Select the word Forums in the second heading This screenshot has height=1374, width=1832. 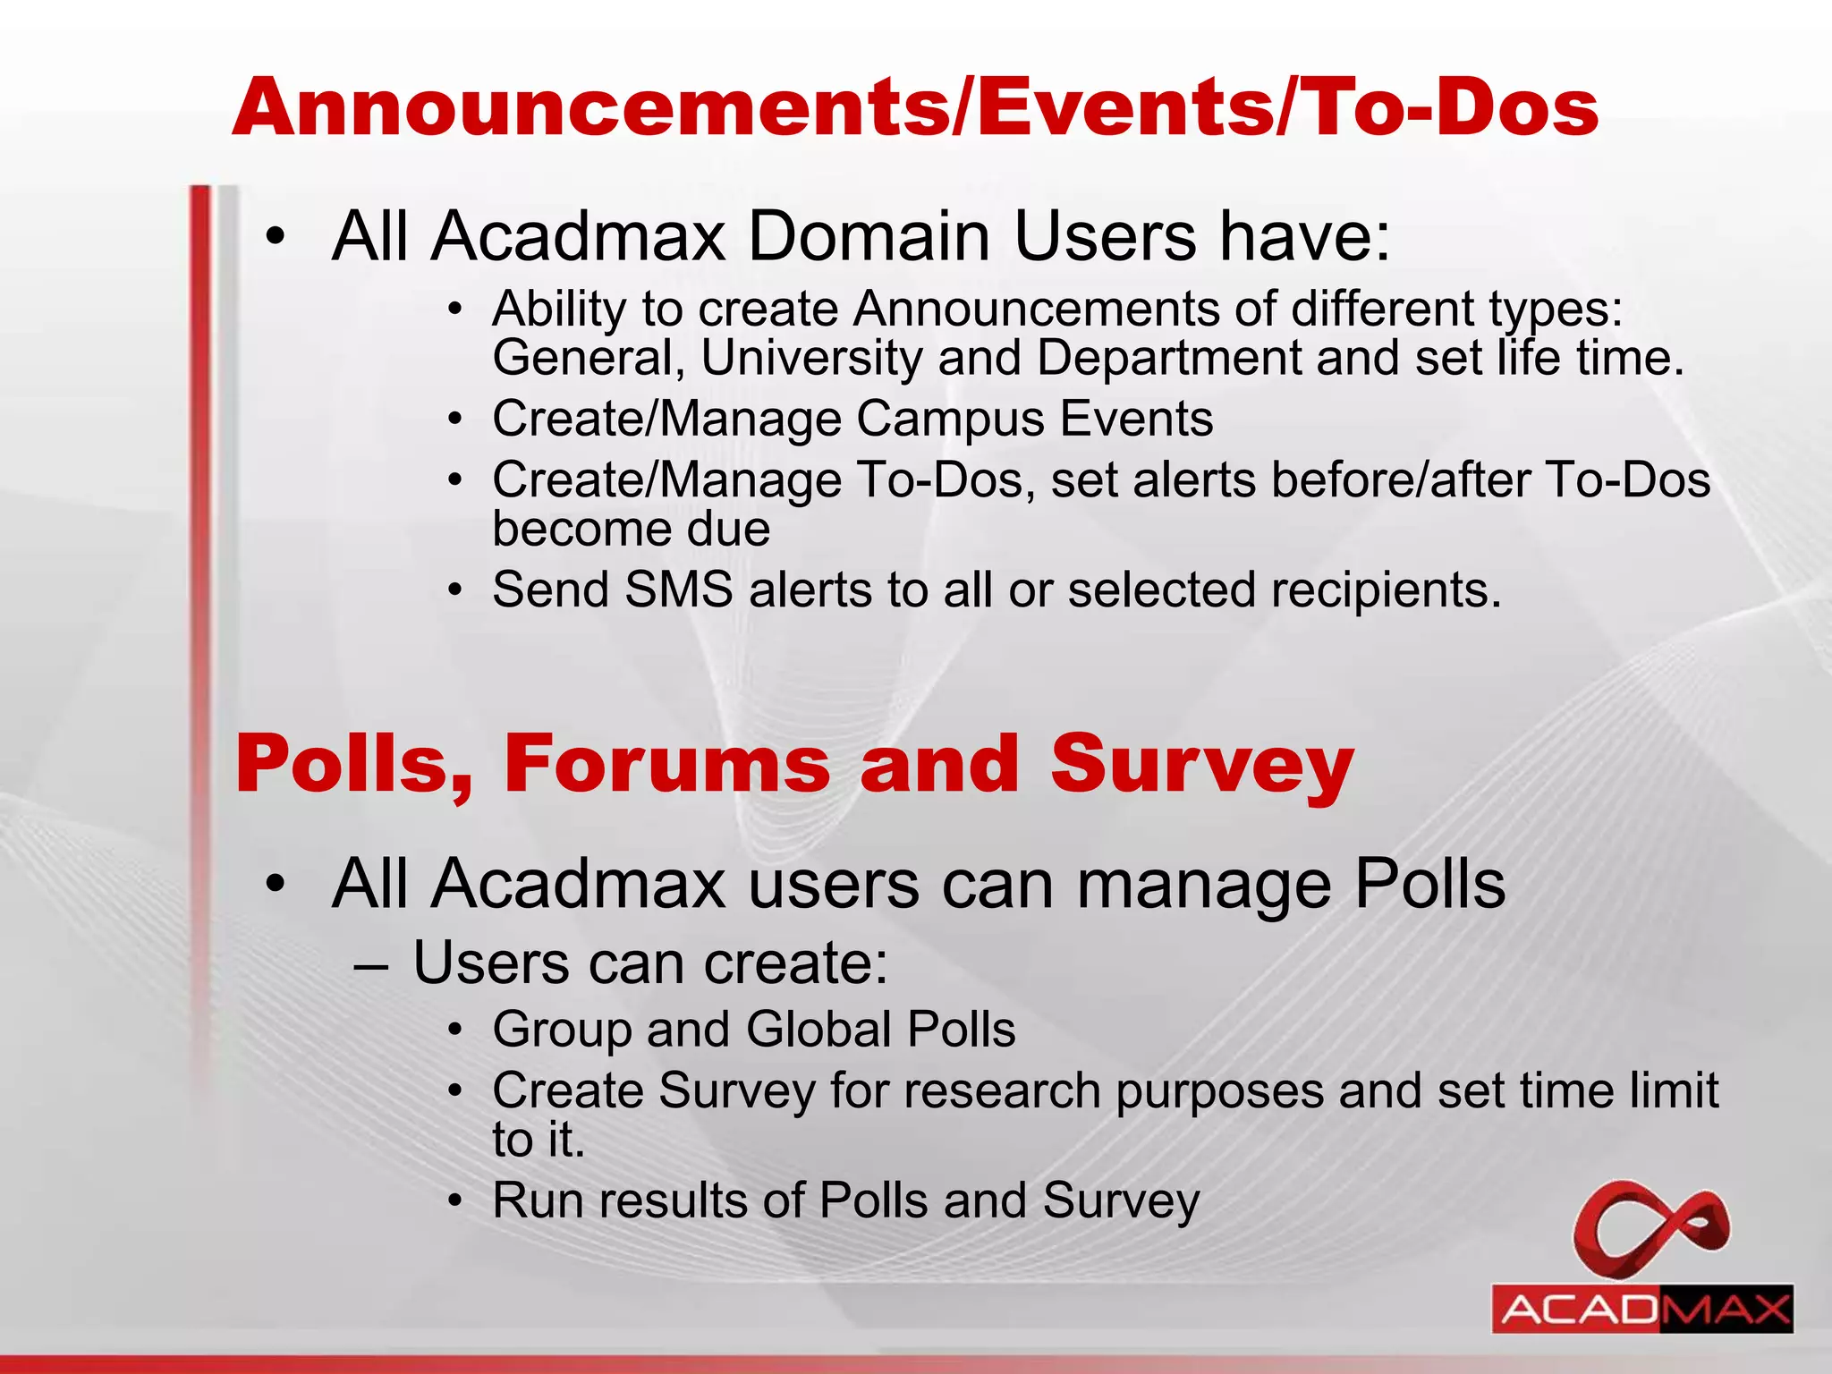pyautogui.click(x=666, y=764)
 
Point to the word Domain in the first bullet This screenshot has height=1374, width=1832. pyautogui.click(x=868, y=237)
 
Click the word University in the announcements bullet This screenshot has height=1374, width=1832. pyautogui.click(x=810, y=358)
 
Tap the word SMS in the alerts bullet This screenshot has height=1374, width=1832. pyautogui.click(x=679, y=590)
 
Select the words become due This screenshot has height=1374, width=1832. pyautogui.click(x=631, y=529)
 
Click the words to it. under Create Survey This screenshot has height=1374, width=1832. pyautogui.click(x=539, y=1140)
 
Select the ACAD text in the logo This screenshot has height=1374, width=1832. pyautogui.click(x=1578, y=1311)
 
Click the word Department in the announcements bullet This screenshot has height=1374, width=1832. pyautogui.click(x=1168, y=358)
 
